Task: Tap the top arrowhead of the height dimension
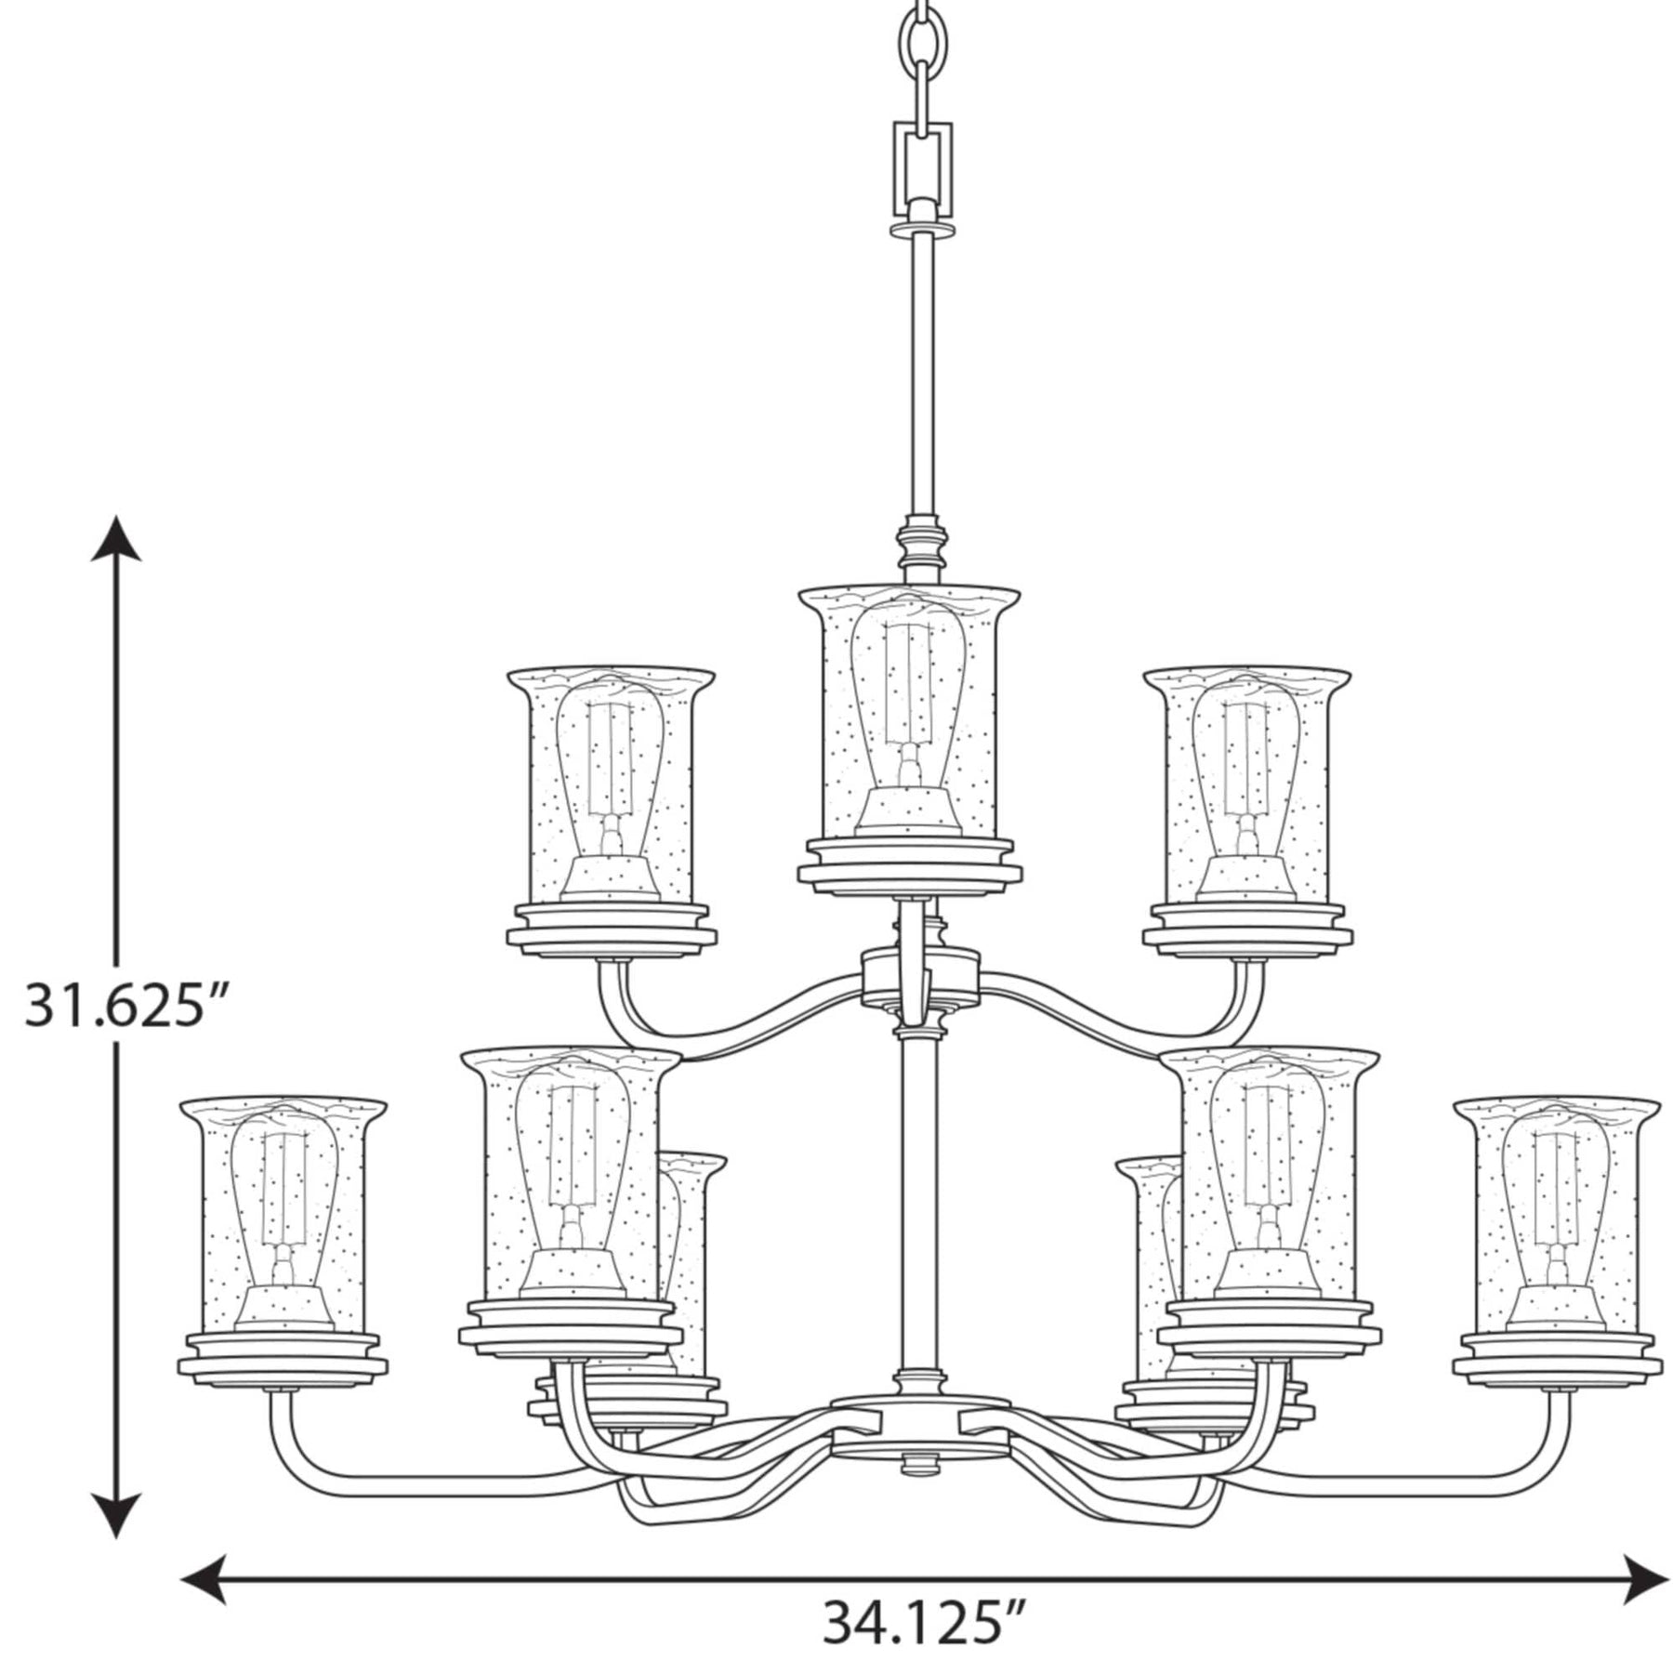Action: [116, 538]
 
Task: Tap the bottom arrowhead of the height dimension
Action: [116, 1514]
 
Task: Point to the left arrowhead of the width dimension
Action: [205, 1578]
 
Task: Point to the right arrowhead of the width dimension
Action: [1645, 1578]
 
